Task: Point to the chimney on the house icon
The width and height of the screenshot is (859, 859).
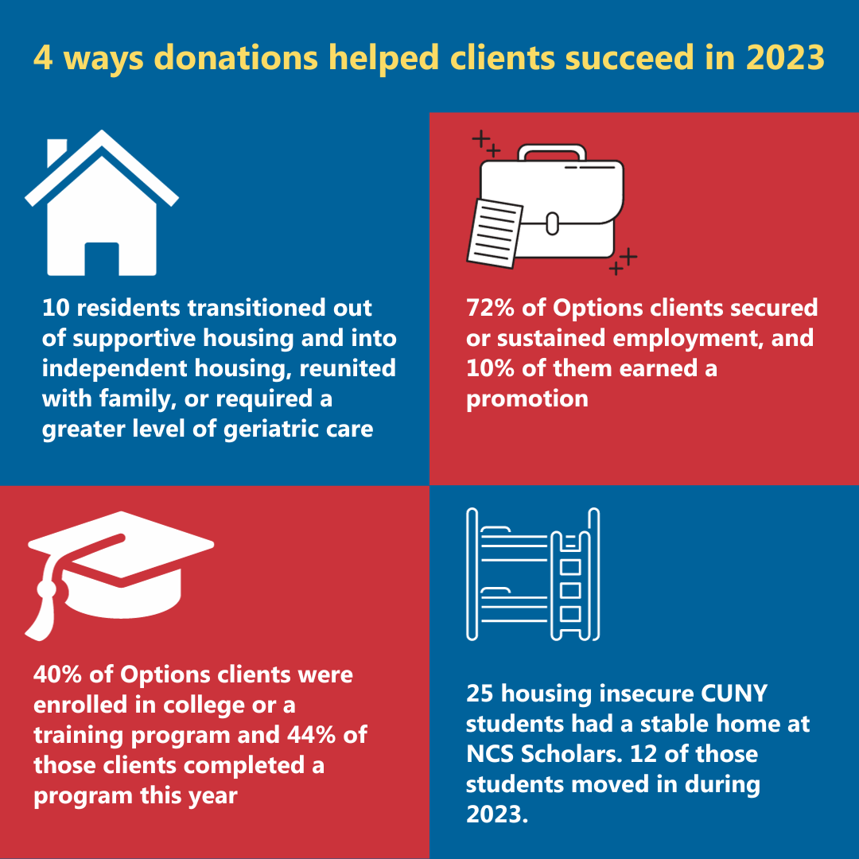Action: click(x=57, y=154)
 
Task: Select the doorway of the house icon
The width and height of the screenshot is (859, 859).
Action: click(x=102, y=258)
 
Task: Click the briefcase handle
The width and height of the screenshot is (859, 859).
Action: click(x=552, y=154)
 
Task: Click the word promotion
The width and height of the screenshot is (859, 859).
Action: click(x=527, y=398)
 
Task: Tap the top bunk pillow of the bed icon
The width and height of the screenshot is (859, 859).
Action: click(x=496, y=530)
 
